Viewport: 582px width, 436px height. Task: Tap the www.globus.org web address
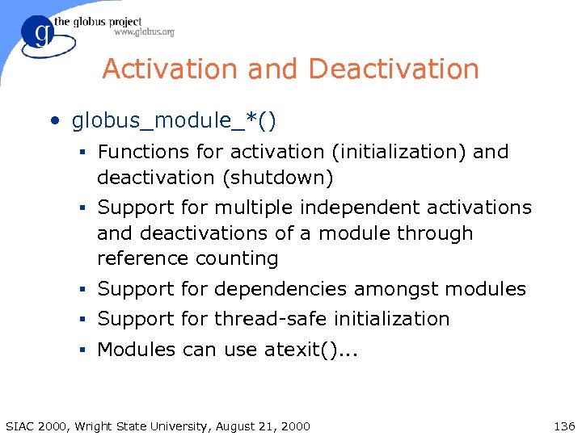144,32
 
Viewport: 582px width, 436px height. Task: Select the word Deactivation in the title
394,69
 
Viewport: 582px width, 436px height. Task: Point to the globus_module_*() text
174,121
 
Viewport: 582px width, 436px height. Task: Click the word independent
367,208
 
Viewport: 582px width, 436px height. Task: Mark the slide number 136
563,426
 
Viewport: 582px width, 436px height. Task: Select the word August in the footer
239,426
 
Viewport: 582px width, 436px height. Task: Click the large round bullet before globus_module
54,122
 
